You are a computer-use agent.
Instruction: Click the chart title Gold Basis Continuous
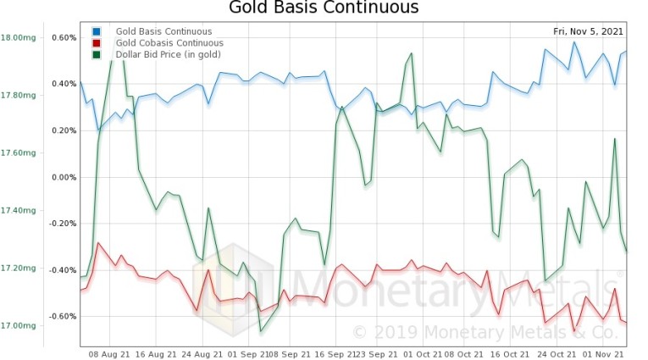tap(324, 9)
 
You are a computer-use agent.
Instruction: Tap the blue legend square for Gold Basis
tap(96, 32)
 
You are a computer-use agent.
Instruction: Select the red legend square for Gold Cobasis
tap(96, 43)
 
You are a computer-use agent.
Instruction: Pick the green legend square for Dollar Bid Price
tap(96, 54)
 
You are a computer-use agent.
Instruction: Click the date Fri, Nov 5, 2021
tap(589, 32)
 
